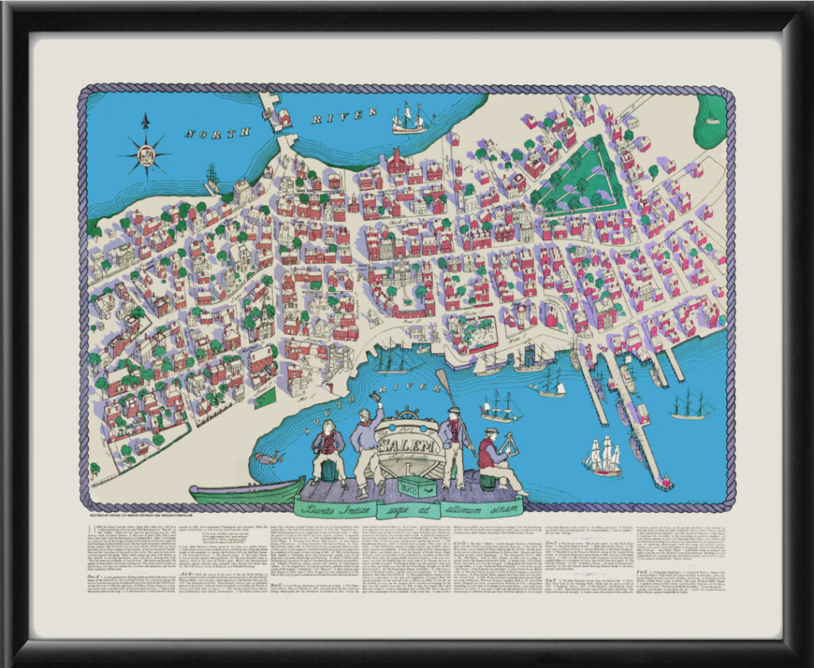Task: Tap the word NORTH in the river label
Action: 208,130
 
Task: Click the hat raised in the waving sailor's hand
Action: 376,395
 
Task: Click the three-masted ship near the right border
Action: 690,405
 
